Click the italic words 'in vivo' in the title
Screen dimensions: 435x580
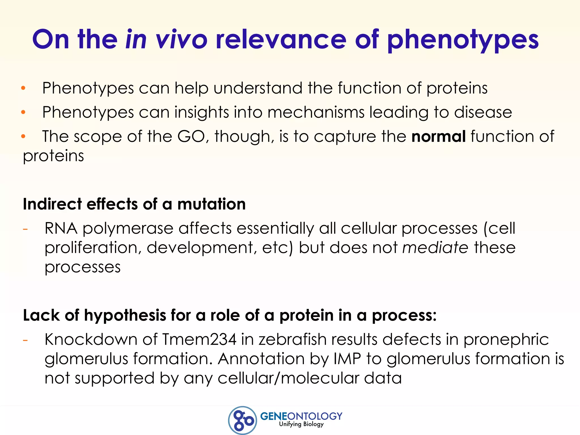tap(167, 39)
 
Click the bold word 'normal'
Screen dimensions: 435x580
tap(438, 137)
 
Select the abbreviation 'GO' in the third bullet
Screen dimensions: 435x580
tap(191, 137)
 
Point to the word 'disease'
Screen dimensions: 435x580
tap(483, 112)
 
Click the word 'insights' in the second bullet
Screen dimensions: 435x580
tap(201, 112)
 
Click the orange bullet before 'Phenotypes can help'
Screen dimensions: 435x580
tap(24, 88)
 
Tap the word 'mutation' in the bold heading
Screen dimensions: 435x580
tap(211, 204)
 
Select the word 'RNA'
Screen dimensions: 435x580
tap(61, 228)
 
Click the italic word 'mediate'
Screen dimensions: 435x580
tap(435, 248)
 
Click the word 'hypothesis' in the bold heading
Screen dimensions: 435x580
tap(125, 315)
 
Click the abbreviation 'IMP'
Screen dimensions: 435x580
tap(347, 359)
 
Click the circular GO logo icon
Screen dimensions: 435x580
tap(242, 420)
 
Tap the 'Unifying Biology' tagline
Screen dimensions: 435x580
tap(301, 424)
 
